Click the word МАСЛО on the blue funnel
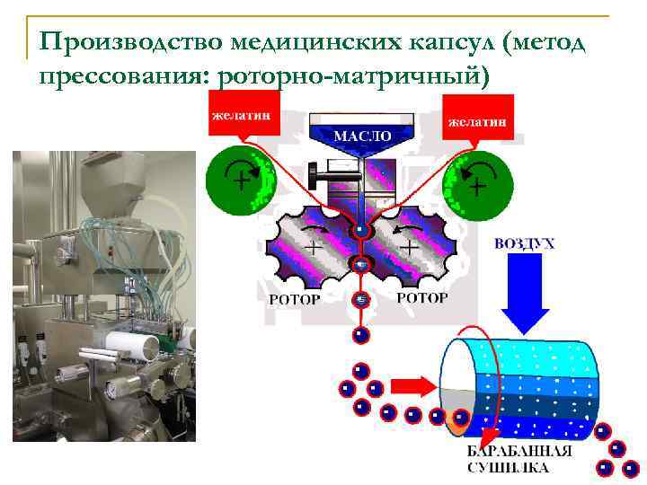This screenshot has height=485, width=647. pos(362,137)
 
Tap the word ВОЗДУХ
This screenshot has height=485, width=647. pos(524,242)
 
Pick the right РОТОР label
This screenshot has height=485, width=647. pos(421,296)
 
